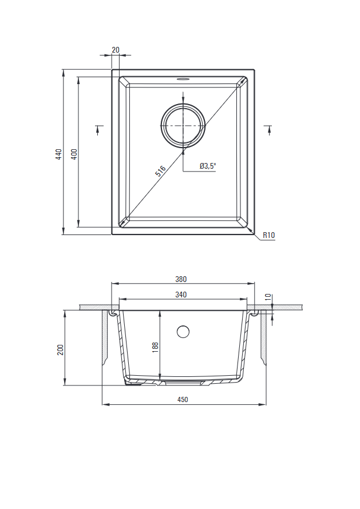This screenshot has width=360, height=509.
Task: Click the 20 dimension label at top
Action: point(116,50)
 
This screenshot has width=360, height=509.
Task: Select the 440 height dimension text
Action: point(58,154)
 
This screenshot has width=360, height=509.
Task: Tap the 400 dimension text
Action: point(74,154)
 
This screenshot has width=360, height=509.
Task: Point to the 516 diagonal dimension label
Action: point(160,171)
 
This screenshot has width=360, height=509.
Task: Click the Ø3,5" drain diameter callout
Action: point(208,166)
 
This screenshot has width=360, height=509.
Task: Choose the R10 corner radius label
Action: point(268,235)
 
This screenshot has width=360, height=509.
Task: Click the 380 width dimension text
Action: point(181,279)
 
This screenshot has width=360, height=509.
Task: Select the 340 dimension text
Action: point(181,295)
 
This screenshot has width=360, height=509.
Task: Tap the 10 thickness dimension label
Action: point(268,297)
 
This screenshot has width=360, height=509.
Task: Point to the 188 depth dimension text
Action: point(155,347)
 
